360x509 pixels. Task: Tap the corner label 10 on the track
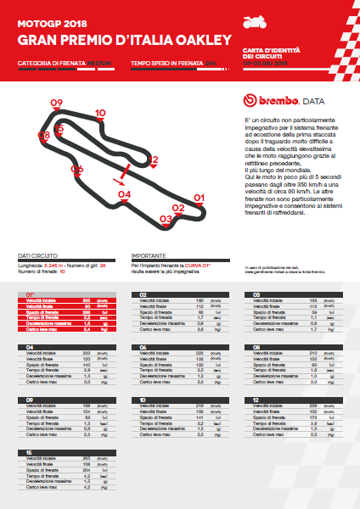pos(100,113)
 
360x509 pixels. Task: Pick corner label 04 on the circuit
pos(124,195)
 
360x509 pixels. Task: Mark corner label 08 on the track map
pos(43,135)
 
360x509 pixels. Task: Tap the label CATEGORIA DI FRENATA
pos(53,64)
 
